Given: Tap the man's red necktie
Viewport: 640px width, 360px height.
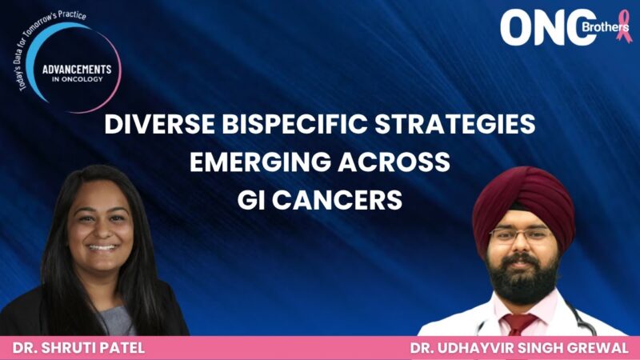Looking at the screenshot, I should (521, 324).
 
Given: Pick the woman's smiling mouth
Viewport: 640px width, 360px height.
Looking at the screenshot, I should (102, 247).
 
